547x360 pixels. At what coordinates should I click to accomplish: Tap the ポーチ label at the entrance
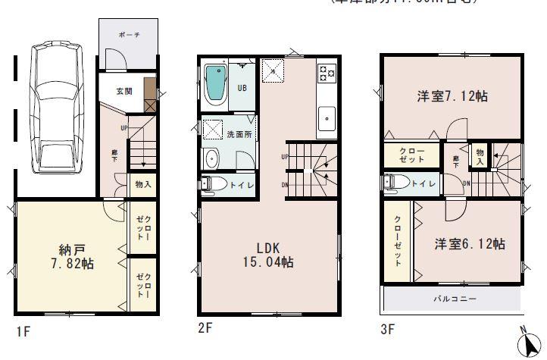(128, 36)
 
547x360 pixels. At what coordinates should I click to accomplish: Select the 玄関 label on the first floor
(124, 91)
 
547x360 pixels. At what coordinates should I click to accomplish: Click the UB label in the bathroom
(242, 88)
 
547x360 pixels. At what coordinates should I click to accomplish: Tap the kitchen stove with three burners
(327, 73)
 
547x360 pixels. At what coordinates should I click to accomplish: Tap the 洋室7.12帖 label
(451, 97)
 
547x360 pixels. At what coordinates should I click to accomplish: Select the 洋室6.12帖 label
(470, 244)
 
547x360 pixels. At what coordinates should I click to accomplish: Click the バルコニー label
(454, 299)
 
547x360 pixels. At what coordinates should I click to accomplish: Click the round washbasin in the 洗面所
(211, 158)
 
